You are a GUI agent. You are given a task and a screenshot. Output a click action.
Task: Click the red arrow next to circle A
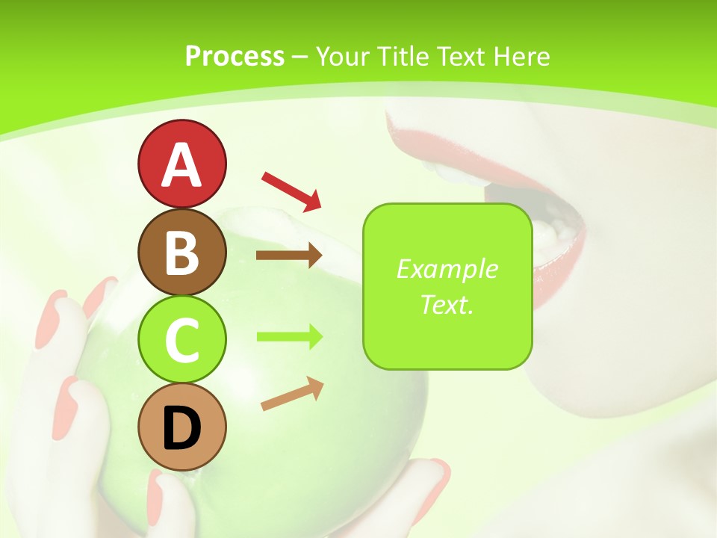(x=291, y=190)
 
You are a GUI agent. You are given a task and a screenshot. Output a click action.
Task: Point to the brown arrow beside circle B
(x=289, y=256)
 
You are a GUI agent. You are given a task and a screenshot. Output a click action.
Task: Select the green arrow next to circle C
(x=289, y=336)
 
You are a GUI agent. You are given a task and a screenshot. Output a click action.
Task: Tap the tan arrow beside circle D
(x=292, y=395)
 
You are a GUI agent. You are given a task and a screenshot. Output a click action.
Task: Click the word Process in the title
(x=235, y=56)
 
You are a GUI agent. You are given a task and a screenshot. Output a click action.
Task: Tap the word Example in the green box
(x=447, y=269)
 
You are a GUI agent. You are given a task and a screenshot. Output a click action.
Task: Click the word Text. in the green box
(x=447, y=304)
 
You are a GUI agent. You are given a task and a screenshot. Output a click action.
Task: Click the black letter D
(x=181, y=428)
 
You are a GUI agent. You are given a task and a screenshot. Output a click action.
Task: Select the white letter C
(x=181, y=341)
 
